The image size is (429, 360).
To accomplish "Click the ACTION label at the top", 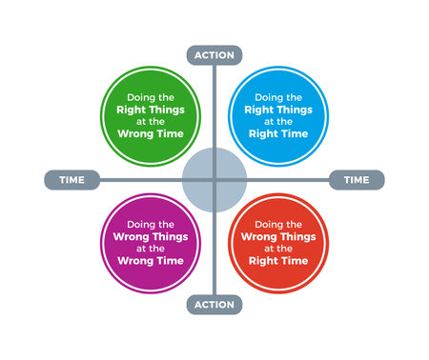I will tap(214, 54).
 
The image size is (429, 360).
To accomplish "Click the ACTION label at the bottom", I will tap(214, 305).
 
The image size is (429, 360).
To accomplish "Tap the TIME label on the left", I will tap(71, 180).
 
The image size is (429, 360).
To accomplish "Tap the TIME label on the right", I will tap(357, 180).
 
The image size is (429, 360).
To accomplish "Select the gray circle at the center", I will tap(214, 179).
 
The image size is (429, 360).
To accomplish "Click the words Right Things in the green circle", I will tap(151, 110).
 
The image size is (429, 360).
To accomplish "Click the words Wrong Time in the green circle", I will tap(151, 134).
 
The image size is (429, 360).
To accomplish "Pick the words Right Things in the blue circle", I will tap(277, 110).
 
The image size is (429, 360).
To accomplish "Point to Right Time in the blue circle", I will tap(277, 134).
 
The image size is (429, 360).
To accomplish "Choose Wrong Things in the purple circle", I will tap(151, 236).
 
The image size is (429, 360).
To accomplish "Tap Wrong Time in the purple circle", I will tap(151, 260).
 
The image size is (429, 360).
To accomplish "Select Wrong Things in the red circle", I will tap(277, 236).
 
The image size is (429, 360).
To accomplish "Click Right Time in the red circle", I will tap(277, 260).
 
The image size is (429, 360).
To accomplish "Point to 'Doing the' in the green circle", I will tap(151, 97).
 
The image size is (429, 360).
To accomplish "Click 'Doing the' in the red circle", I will tap(277, 224).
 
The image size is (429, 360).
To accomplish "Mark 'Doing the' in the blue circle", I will tap(277, 97).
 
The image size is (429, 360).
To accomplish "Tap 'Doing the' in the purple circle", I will tap(151, 224).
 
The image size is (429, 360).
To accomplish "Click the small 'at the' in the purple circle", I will tap(151, 248).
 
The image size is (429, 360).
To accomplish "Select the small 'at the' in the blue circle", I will tap(277, 122).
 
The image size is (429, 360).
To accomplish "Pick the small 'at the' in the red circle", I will tap(277, 248).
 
